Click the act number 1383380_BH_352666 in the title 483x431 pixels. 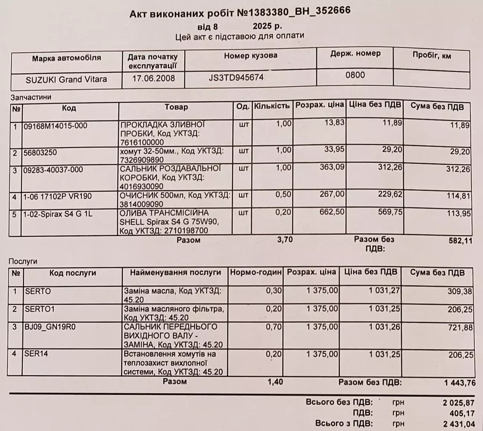294,12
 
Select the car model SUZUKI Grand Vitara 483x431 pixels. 66,79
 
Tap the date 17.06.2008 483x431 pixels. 154,78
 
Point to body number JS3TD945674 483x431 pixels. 236,78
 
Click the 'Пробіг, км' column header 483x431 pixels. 432,56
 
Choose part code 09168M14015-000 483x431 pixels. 56,126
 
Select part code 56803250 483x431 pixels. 40,153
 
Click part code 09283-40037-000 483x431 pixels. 53,170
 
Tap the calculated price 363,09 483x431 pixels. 332,167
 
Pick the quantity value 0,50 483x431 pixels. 284,194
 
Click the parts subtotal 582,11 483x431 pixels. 460,241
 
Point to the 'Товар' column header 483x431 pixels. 176,107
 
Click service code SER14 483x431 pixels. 37,353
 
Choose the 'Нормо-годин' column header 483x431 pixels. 256,272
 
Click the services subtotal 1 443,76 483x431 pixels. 460,383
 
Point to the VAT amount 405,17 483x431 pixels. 462,413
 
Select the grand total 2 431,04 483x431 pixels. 459,424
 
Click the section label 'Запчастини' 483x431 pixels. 31,97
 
